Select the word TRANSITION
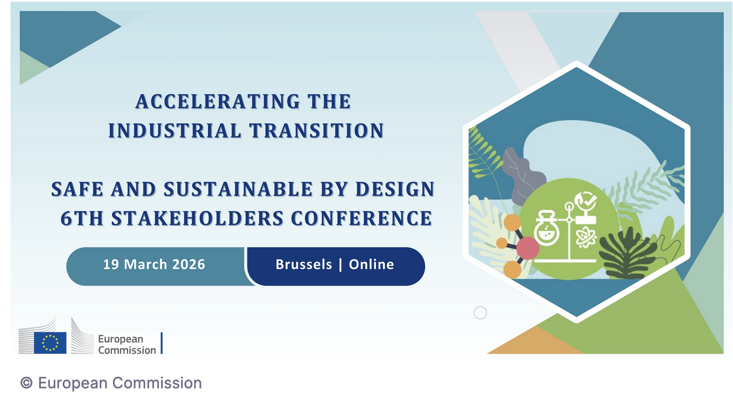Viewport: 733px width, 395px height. [317, 131]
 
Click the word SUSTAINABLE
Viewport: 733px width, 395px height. [238, 189]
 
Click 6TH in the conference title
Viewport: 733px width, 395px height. [82, 219]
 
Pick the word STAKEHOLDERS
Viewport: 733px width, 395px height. [197, 219]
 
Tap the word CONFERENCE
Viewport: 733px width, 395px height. [362, 219]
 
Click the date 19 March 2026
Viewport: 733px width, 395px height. [154, 264]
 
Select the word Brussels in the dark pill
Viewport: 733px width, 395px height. [304, 264]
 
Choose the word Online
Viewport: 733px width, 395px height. [371, 264]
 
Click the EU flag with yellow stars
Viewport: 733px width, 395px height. [50, 342]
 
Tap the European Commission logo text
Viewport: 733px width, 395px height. [127, 345]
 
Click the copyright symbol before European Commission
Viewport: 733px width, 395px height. [27, 383]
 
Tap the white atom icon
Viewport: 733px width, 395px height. [586, 238]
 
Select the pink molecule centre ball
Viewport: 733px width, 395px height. [528, 248]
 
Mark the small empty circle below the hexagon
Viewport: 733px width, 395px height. [480, 313]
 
